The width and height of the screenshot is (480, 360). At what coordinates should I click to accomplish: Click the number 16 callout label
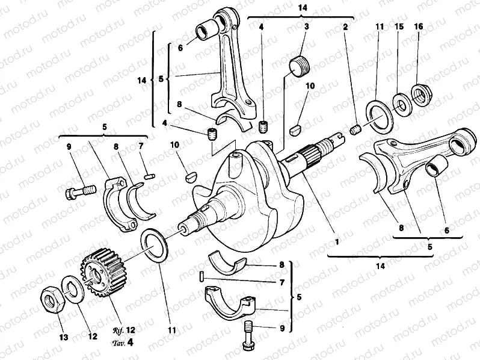click(419, 27)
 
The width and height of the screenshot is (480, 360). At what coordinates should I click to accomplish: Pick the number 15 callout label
click(398, 27)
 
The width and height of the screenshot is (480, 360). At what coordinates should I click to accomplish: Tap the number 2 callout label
click(345, 27)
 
